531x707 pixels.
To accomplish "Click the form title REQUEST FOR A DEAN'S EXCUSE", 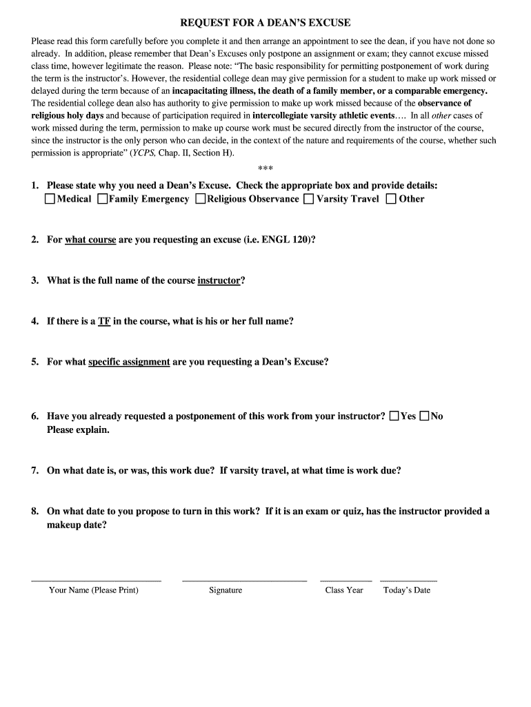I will (x=265, y=23).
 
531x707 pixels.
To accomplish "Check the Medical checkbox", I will (x=50, y=200).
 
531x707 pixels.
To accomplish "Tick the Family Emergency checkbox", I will (x=102, y=200).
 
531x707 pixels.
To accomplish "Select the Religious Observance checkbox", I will (x=200, y=200).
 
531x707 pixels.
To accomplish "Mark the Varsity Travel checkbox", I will (x=308, y=200).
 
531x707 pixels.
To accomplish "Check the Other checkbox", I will (x=391, y=200).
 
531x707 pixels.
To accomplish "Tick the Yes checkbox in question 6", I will (x=394, y=416).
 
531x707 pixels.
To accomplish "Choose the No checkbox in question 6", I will (x=424, y=416).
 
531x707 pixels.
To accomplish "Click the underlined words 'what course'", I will (x=90, y=240).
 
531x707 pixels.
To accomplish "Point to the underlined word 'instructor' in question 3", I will (x=219, y=280).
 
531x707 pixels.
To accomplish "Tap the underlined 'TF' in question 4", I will (x=104, y=321).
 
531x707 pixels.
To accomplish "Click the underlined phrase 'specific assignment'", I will (x=129, y=362).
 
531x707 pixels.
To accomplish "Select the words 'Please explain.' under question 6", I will (x=78, y=429).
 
